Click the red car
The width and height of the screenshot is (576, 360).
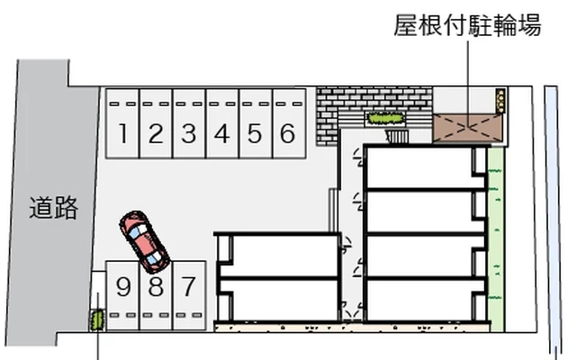coord(144,240)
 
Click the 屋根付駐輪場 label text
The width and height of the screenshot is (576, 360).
coord(468,26)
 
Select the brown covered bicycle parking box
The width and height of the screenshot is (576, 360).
coord(467,128)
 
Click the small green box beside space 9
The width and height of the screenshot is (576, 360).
coord(94,318)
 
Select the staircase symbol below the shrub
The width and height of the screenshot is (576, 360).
coord(397,137)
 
